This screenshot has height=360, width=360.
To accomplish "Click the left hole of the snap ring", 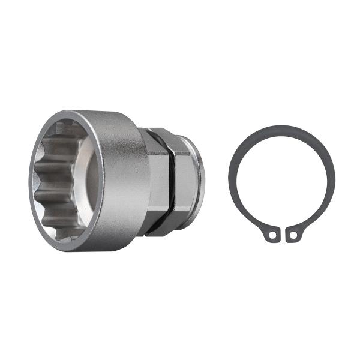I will click(272, 236).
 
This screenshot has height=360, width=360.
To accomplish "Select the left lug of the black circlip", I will click(271, 235).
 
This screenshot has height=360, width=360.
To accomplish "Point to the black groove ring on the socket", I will click(172, 180).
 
